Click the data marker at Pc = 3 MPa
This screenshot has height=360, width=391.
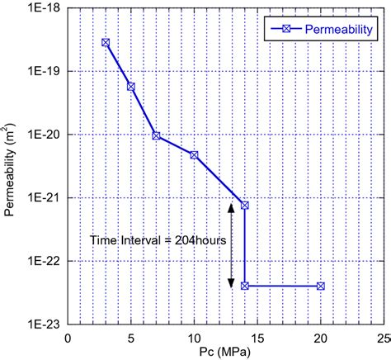coord(106,42)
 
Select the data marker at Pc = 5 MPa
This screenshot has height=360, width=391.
coord(130,86)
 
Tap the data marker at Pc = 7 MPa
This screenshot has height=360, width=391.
coord(156,135)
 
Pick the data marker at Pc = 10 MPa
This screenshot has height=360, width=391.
coord(194,154)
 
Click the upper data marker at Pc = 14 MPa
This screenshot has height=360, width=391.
coord(245,205)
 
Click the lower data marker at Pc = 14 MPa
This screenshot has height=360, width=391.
coord(245,286)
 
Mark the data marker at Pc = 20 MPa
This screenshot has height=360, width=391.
coord(321,286)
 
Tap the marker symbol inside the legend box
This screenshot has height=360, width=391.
coord(283,30)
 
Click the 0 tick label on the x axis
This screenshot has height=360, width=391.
coord(68,338)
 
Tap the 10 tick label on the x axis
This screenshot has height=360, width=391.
coord(194,338)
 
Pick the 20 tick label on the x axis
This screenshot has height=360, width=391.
coord(321,338)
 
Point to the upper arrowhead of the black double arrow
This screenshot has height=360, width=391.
coord(231,207)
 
